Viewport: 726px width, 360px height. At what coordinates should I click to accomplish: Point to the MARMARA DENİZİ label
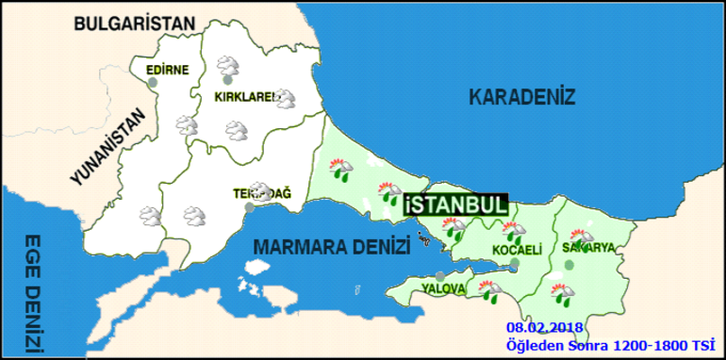pyautogui.click(x=332, y=247)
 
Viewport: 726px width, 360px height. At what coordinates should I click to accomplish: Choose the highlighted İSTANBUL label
pyautogui.click(x=455, y=205)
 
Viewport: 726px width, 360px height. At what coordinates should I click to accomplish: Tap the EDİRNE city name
pyautogui.click(x=168, y=69)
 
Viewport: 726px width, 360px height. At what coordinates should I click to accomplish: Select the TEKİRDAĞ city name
pyautogui.click(x=262, y=193)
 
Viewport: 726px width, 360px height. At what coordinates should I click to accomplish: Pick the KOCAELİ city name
pyautogui.click(x=517, y=250)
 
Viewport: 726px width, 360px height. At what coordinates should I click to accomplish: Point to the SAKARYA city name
pyautogui.click(x=588, y=248)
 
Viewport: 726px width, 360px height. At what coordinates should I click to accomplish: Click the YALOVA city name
pyautogui.click(x=444, y=286)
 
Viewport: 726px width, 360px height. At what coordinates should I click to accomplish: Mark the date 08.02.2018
pyautogui.click(x=543, y=326)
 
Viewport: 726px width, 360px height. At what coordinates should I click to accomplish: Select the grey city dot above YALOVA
pyautogui.click(x=440, y=275)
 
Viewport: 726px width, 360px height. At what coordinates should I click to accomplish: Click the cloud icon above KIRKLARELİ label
pyautogui.click(x=227, y=67)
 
